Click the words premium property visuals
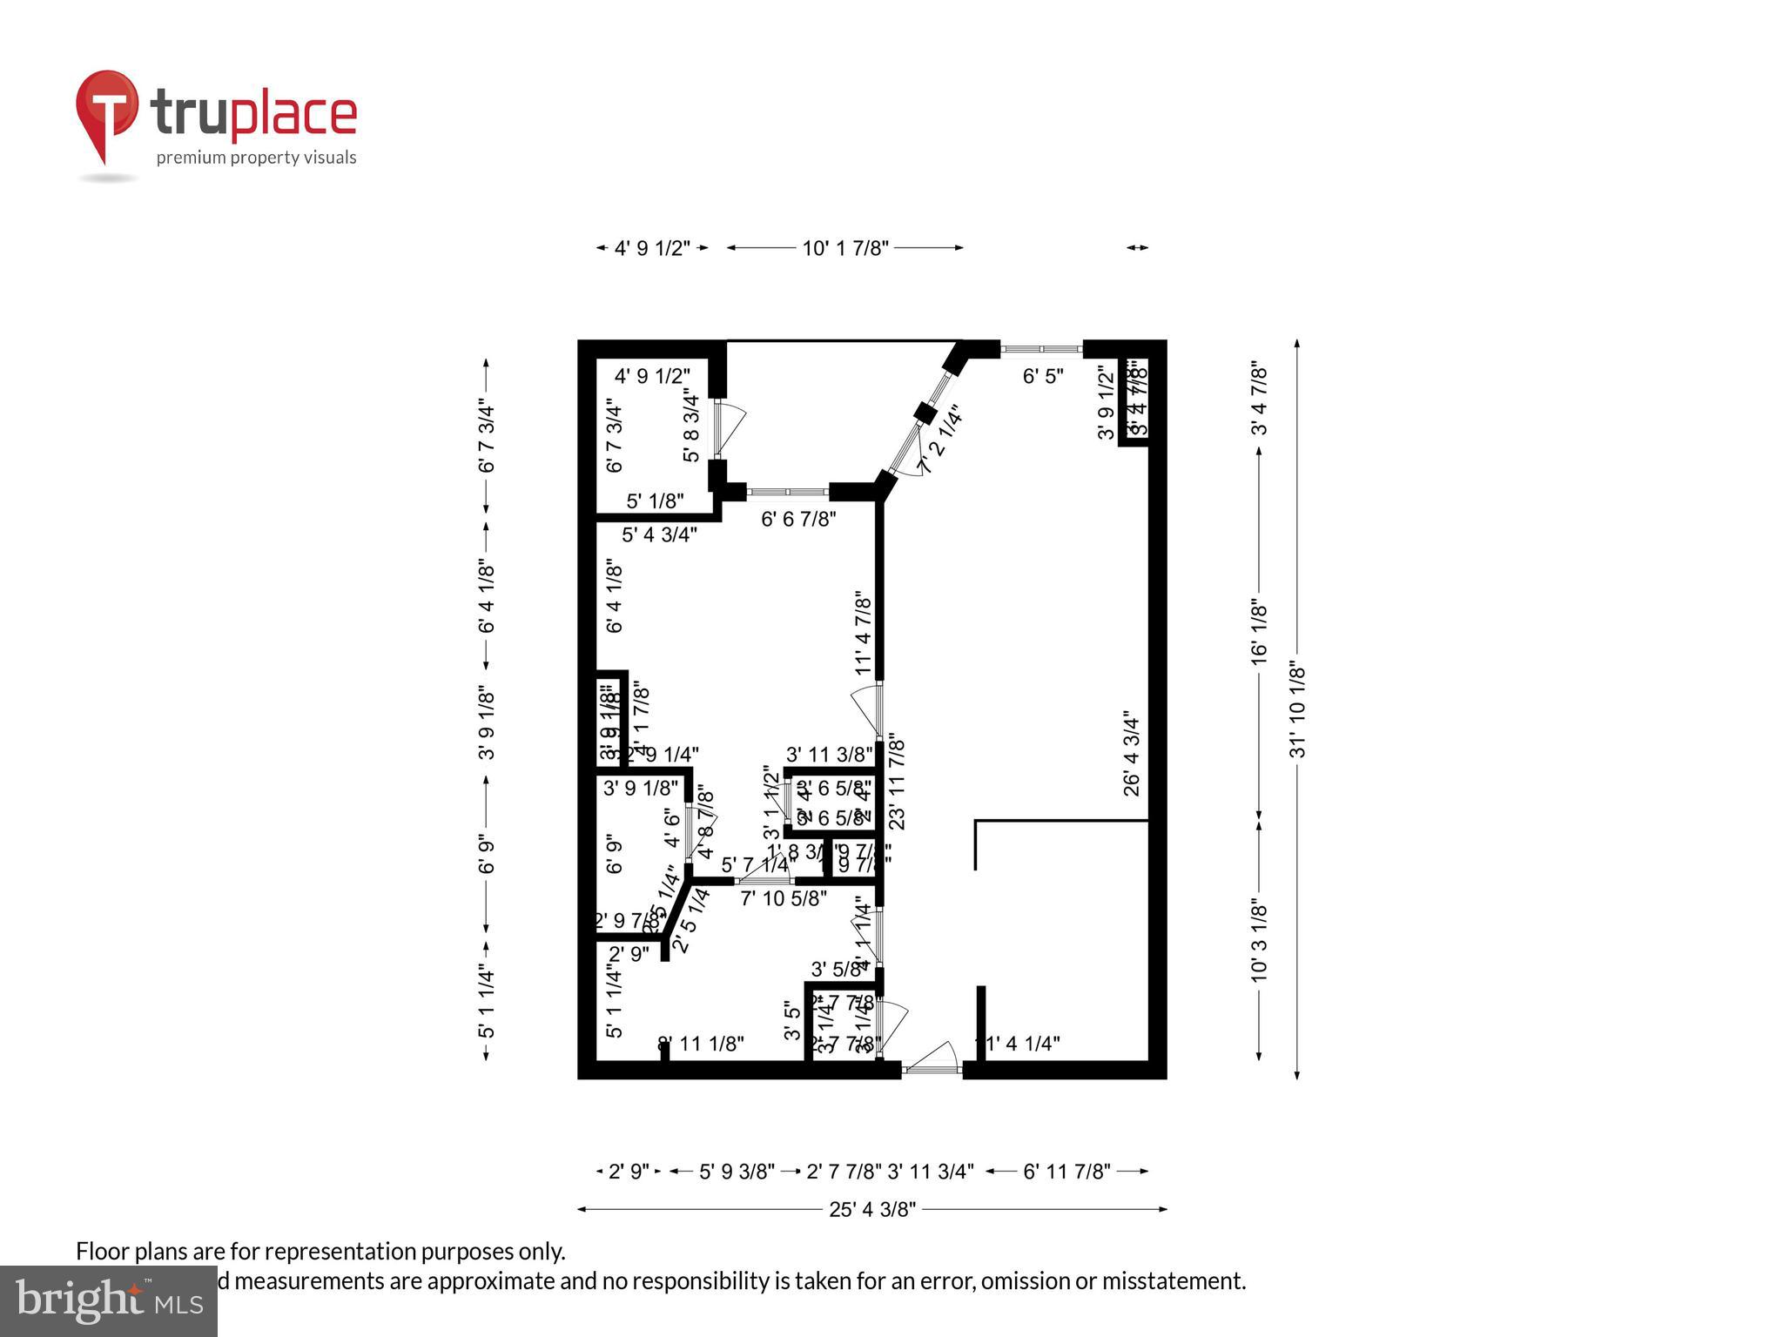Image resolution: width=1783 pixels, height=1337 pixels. (256, 158)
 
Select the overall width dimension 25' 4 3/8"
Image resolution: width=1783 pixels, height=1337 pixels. (871, 1209)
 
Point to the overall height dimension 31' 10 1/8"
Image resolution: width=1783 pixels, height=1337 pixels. (1297, 709)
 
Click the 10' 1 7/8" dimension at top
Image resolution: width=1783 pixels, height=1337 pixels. (844, 248)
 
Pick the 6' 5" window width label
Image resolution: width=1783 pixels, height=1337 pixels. (1042, 377)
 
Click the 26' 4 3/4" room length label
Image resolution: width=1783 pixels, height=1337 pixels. (1131, 753)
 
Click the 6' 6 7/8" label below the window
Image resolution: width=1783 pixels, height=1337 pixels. (798, 520)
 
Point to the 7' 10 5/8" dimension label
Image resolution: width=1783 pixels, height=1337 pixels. (784, 899)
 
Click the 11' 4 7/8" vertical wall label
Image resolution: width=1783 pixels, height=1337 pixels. (863, 633)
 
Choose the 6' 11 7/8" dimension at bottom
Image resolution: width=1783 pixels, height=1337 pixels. (1066, 1172)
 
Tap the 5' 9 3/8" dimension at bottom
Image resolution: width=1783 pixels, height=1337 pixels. (737, 1172)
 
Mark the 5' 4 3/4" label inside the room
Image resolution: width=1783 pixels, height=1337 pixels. (659, 535)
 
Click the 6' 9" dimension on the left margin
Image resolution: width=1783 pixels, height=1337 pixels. (487, 855)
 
